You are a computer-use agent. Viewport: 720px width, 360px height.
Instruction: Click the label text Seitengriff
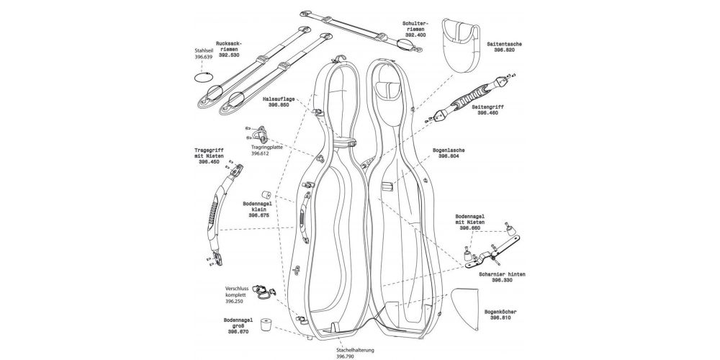(487, 107)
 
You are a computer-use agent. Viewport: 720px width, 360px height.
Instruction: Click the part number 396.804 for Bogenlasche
(449, 156)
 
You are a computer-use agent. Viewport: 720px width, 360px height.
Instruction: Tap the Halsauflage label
(279, 99)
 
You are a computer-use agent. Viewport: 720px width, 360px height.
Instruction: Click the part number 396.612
(260, 153)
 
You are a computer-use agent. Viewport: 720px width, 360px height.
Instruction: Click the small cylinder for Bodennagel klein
(266, 194)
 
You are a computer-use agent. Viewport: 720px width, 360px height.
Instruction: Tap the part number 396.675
(259, 215)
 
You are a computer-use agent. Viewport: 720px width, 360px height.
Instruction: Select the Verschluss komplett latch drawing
(265, 291)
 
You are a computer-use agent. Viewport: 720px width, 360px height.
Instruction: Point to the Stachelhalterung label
(355, 350)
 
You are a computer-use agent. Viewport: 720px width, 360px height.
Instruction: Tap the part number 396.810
(501, 318)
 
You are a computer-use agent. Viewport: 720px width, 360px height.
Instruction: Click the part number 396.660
(469, 228)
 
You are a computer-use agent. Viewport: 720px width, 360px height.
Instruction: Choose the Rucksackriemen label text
(229, 47)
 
